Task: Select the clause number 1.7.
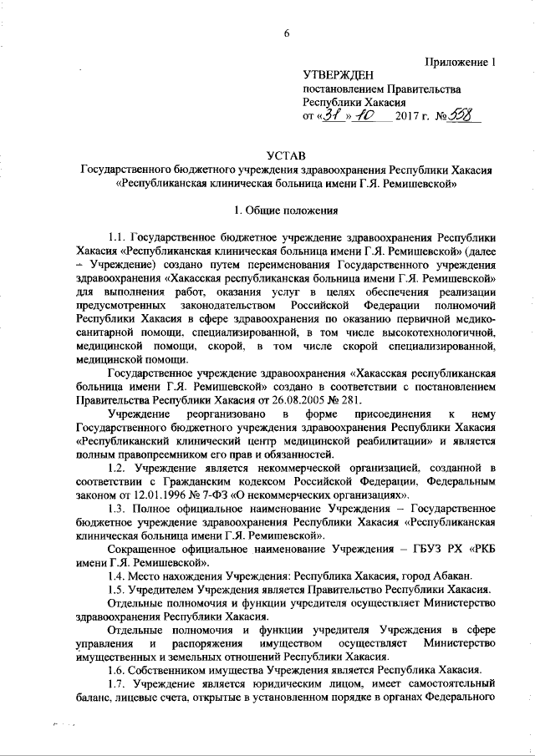click(x=118, y=707)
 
